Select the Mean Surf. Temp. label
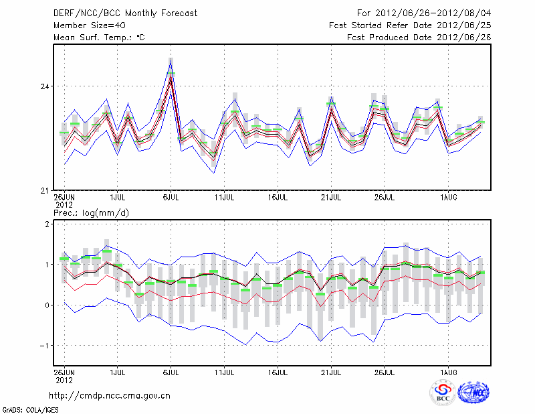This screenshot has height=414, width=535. [99, 38]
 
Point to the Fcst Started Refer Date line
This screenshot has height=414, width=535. [410, 25]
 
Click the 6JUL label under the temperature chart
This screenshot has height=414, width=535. [171, 198]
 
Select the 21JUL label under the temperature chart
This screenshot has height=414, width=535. [332, 198]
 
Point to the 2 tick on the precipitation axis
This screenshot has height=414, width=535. [47, 224]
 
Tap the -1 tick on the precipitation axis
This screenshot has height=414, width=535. [44, 346]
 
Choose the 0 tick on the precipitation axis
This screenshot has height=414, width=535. [47, 305]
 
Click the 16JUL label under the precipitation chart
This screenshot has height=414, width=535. [278, 370]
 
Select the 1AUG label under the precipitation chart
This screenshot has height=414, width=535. [449, 370]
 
